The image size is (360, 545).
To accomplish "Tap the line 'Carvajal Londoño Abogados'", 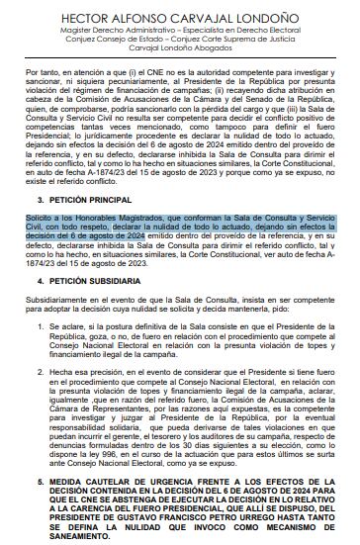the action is point(179,57).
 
